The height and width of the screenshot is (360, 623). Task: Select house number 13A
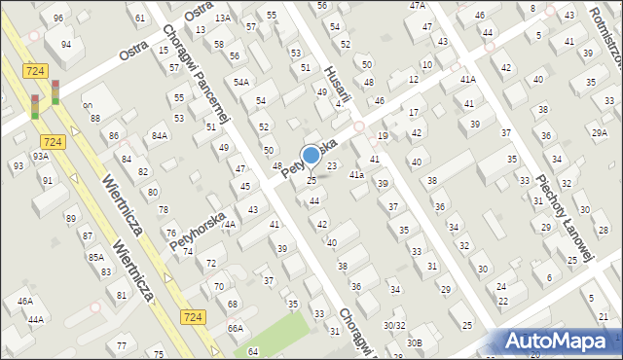coord(223,18)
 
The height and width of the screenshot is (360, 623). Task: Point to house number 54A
coord(240,82)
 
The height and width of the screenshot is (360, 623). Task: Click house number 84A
coord(159,136)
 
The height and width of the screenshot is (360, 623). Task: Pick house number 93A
coord(40,156)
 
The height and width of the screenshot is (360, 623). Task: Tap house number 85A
coord(95,257)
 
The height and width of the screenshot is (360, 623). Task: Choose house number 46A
coord(25,302)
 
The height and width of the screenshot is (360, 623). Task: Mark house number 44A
coord(36,319)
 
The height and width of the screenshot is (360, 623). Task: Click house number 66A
coord(236,329)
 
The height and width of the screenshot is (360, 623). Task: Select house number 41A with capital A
coord(468,79)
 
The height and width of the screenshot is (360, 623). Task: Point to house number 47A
coord(418,6)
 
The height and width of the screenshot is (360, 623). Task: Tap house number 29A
coord(599,132)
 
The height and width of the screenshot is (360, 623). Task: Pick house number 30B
coord(415,342)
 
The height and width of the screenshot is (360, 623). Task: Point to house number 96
coord(58,18)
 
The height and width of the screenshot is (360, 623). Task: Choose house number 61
coord(141,18)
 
